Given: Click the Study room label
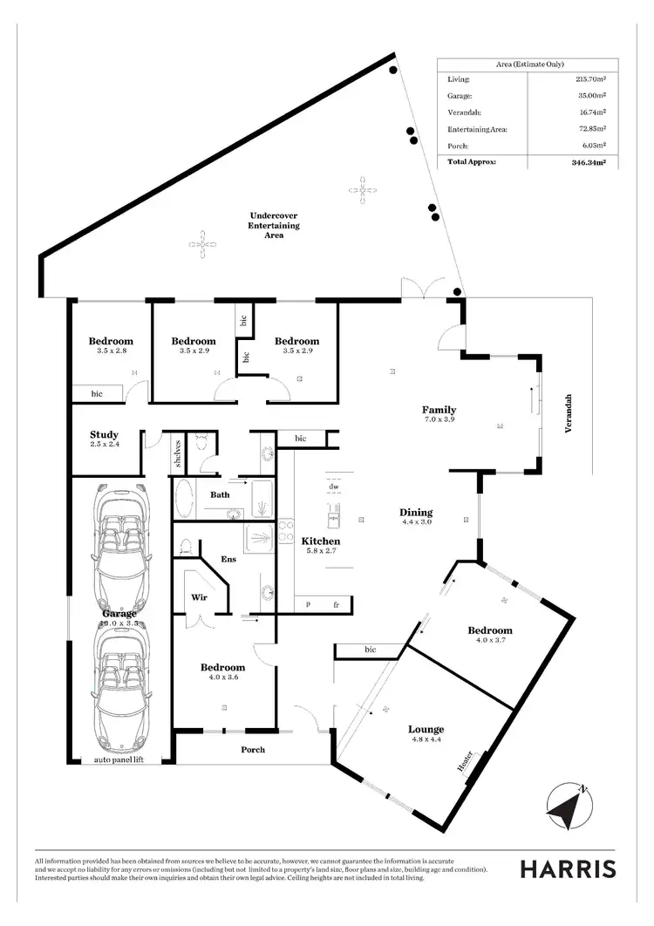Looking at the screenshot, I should click(104, 435).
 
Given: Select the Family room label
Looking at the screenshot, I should click(439, 410).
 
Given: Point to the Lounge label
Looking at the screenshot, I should click(426, 730).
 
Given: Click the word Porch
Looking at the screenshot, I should click(253, 750).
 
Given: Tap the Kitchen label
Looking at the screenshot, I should click(320, 541).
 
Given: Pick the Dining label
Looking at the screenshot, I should click(416, 513).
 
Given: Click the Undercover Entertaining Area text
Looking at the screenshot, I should click(275, 225).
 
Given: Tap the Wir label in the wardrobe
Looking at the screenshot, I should click(198, 598).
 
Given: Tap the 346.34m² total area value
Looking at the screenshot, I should click(589, 162).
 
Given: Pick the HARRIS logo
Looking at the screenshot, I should click(568, 869).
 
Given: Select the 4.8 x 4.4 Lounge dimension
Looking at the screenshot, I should click(426, 740).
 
